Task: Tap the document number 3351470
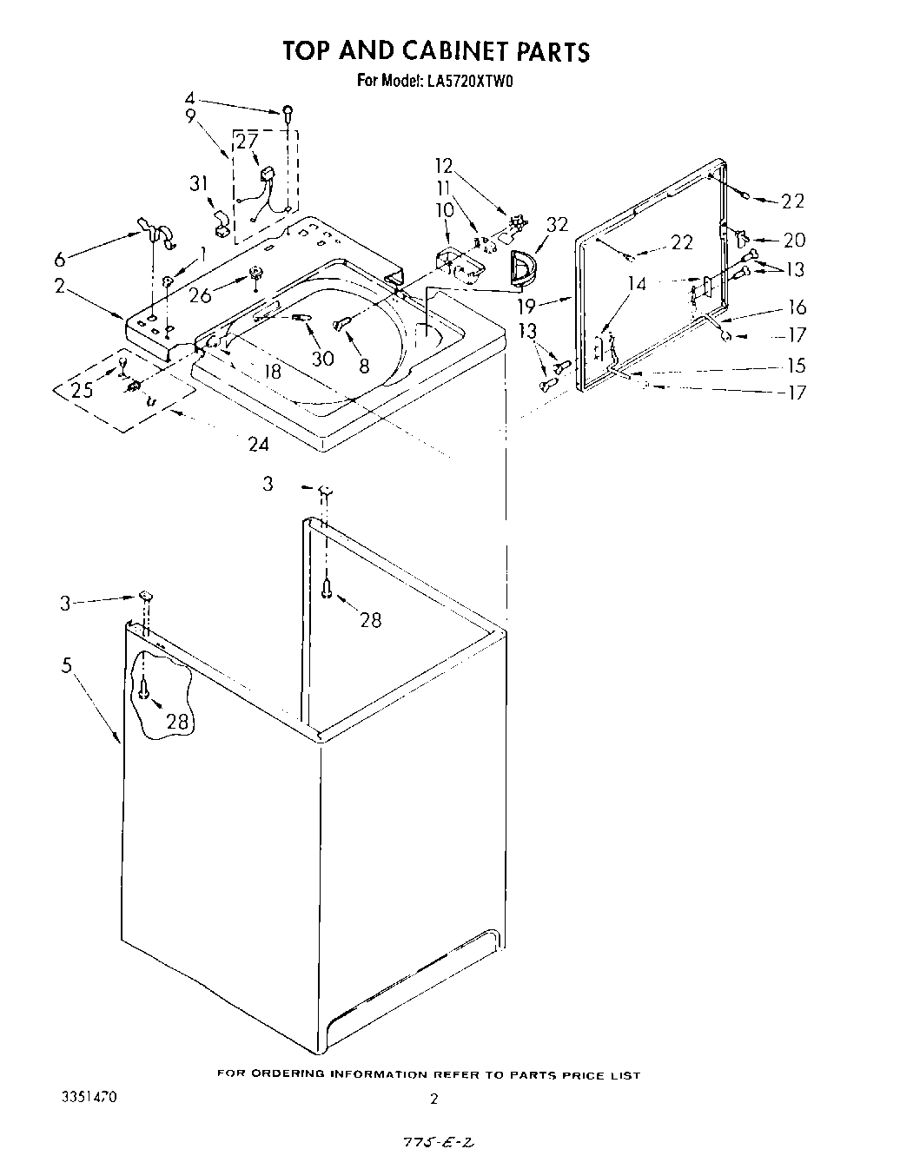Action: coord(88,1097)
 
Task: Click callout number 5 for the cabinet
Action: coord(67,666)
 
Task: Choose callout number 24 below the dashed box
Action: coord(258,445)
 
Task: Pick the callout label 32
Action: coord(556,225)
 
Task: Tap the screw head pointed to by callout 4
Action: coord(286,112)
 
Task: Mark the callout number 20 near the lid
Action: coord(794,241)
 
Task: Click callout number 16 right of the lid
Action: coord(797,307)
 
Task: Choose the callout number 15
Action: coord(796,366)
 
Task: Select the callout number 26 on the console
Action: coord(200,295)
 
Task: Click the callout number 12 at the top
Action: coord(444,165)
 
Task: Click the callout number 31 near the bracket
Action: coord(199,184)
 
